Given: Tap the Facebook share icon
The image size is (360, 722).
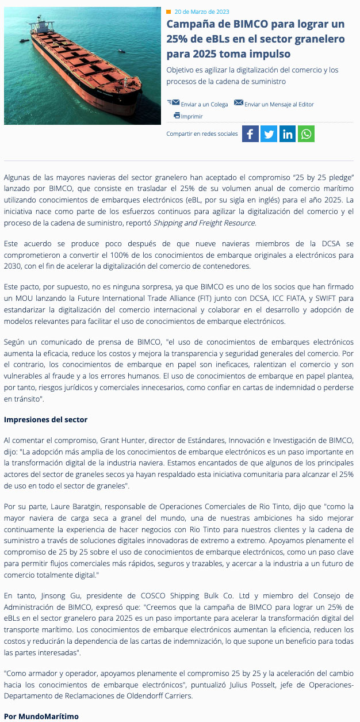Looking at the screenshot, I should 250,134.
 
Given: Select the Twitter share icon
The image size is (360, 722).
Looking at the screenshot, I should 269,134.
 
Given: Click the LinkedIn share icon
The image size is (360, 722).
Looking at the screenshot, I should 288,134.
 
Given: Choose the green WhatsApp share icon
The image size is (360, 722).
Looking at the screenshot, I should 306,134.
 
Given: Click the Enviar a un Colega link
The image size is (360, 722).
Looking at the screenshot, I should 204,104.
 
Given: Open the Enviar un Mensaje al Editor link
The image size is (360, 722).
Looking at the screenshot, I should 279,104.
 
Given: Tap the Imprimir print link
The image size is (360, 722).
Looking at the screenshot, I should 192,116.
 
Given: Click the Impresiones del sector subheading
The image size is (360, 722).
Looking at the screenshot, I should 45,419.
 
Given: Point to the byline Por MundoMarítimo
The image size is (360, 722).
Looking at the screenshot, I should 41,716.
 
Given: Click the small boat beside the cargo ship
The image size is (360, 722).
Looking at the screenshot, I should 121,51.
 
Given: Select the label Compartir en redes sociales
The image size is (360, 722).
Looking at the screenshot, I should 202,134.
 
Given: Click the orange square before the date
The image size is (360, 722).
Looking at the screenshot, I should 168,12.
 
